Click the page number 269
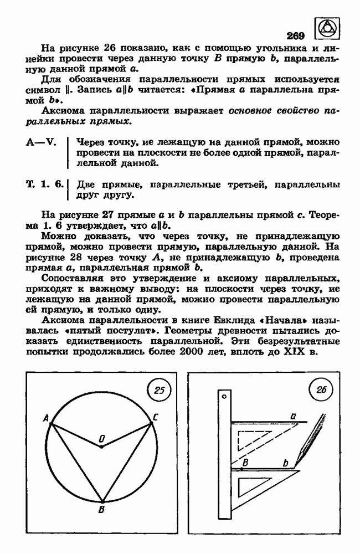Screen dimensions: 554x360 tap(296, 37)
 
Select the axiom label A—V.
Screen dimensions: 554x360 tap(42, 141)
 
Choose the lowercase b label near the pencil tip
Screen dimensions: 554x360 tap(286, 463)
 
